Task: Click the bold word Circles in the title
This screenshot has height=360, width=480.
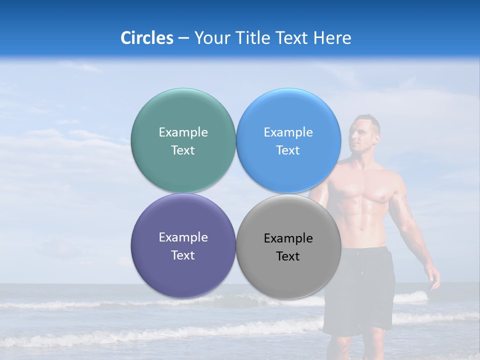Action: [x=147, y=38]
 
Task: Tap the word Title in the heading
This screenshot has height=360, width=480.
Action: [x=251, y=38]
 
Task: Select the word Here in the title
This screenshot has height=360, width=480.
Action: [x=332, y=38]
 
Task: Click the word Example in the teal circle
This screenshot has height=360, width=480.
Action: [x=183, y=132]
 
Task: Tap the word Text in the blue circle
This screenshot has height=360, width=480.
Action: [x=288, y=150]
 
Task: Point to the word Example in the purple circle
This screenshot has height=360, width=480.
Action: [x=183, y=237]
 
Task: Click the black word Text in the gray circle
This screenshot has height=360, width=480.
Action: [x=288, y=256]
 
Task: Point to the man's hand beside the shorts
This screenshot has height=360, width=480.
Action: [x=433, y=277]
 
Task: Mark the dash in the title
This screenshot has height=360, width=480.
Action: [x=183, y=38]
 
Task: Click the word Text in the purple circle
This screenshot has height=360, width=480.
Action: [x=183, y=255]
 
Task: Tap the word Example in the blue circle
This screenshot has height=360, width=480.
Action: [x=288, y=132]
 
